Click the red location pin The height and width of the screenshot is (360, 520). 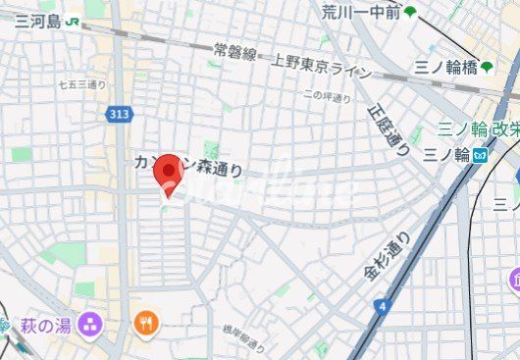171,173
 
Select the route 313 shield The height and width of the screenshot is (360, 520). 118,115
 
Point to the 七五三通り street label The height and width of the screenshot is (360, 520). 82,85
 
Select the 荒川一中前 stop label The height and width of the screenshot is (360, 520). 360,12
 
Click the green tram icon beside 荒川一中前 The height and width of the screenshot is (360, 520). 409,13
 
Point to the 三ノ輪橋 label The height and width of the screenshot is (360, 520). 442,67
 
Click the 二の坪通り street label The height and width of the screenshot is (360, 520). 327,95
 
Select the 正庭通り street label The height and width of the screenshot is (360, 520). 389,130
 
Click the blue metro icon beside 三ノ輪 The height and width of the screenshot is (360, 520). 480,155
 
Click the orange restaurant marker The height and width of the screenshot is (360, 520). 146,323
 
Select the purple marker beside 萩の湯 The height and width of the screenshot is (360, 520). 91,322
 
